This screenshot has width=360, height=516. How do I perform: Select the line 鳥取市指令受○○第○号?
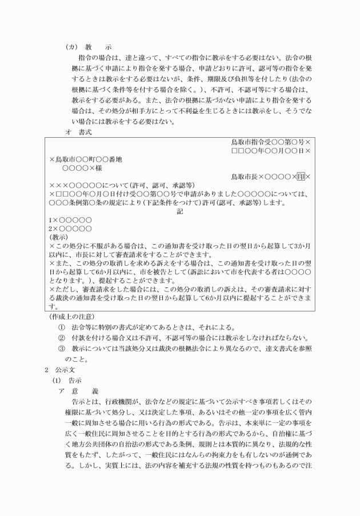pyautogui.click(x=268, y=142)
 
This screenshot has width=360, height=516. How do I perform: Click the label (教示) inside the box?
pyautogui.click(x=59, y=237)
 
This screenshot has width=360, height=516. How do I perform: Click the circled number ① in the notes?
pyautogui.click(x=62, y=327)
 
